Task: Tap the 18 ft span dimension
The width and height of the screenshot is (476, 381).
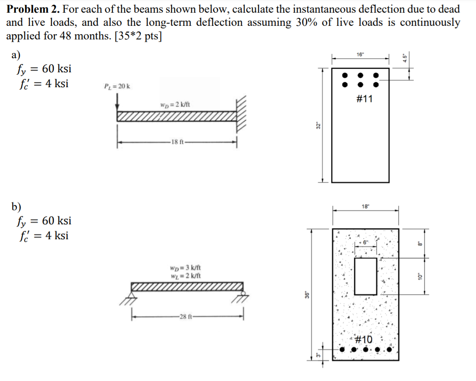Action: [178, 141]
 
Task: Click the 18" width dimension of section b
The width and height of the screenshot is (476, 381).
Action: [365, 206]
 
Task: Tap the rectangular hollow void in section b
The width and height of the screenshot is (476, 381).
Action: [365, 276]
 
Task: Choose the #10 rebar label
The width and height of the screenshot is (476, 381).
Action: [363, 339]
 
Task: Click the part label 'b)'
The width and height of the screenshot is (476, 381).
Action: [16, 206]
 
